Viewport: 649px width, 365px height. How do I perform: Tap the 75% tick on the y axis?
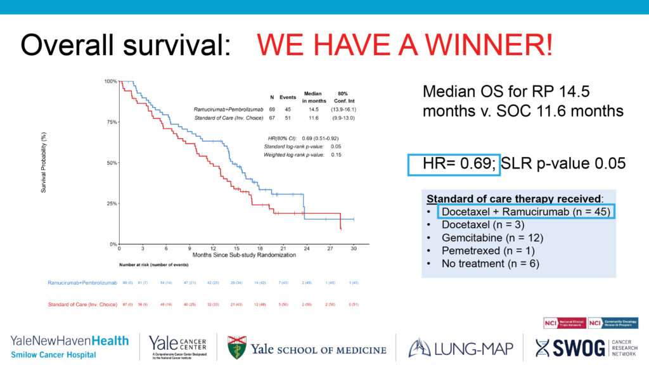pos(112,122)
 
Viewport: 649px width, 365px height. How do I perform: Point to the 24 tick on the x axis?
pos(307,248)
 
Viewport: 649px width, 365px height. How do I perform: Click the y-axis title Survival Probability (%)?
pos(44,163)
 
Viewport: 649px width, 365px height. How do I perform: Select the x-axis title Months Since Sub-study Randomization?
pos(237,254)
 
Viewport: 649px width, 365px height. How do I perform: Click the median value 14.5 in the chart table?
pos(313,110)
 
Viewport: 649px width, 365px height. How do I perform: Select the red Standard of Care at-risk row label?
pos(82,305)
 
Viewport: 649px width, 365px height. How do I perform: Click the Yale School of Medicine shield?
pos(236,348)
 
